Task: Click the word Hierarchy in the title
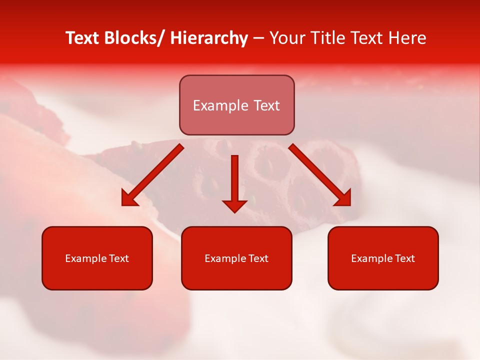(x=209, y=38)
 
